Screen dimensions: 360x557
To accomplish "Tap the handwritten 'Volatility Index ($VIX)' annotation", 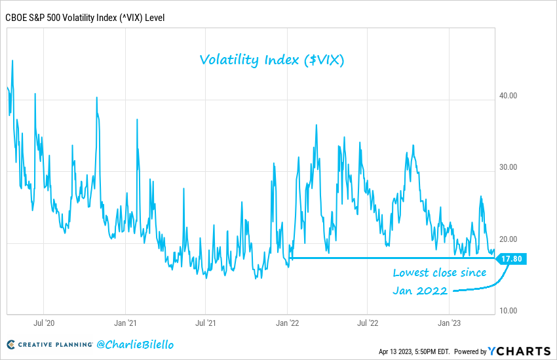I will point(272,60).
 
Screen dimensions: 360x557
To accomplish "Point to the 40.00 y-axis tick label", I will point(509,96).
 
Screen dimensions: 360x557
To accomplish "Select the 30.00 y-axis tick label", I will point(509,167).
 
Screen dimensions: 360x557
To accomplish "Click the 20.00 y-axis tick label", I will point(509,239).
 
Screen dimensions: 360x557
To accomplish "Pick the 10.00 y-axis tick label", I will point(509,311).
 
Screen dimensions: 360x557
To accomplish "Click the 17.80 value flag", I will point(512,258).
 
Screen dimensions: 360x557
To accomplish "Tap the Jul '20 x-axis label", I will point(43,323).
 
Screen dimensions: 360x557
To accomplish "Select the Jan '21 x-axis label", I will point(125,323).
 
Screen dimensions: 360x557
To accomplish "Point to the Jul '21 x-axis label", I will point(206,323).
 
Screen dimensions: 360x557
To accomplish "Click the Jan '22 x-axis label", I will point(287,323).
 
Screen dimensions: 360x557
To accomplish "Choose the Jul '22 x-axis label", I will point(368,323).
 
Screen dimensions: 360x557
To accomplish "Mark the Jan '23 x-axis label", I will point(449,323).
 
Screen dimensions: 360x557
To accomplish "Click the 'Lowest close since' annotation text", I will point(440,273).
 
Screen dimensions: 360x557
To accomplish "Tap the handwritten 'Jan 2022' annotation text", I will point(420,290).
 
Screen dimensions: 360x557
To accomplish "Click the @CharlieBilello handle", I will point(136,344).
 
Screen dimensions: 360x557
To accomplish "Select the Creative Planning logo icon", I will point(11,344).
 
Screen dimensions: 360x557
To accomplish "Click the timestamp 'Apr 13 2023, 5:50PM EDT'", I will point(413,351).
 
